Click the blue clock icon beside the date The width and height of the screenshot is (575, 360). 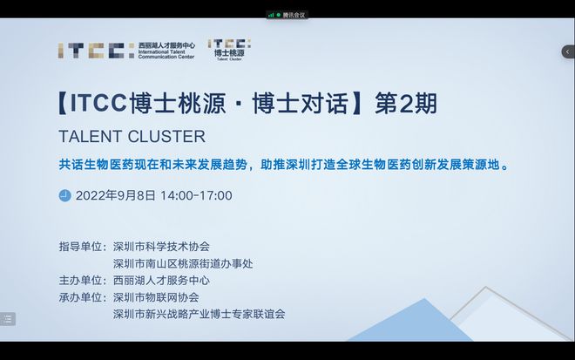(65, 195)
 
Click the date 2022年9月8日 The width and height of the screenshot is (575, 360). (116, 195)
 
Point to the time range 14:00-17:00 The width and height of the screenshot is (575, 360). (196, 195)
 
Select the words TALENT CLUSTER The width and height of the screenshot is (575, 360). (132, 137)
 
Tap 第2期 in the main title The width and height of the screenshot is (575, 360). (406, 104)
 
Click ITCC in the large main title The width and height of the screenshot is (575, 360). (98, 103)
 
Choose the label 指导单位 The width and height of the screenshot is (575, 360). (80, 247)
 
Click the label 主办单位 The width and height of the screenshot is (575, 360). (80, 281)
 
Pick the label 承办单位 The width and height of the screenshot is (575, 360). (80, 297)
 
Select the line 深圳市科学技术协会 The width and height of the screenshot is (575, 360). (161, 247)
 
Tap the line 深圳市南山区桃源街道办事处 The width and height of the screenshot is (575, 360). (183, 263)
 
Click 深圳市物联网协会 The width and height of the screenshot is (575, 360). (156, 297)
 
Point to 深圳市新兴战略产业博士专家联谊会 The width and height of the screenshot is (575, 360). (200, 314)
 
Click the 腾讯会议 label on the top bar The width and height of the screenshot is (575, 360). (294, 15)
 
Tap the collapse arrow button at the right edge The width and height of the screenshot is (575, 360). (568, 51)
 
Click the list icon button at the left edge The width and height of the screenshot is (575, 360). (8, 319)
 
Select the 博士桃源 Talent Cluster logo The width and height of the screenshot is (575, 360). (229, 50)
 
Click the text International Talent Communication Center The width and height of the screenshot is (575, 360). (166, 54)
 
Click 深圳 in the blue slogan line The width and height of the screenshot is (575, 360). (298, 165)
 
